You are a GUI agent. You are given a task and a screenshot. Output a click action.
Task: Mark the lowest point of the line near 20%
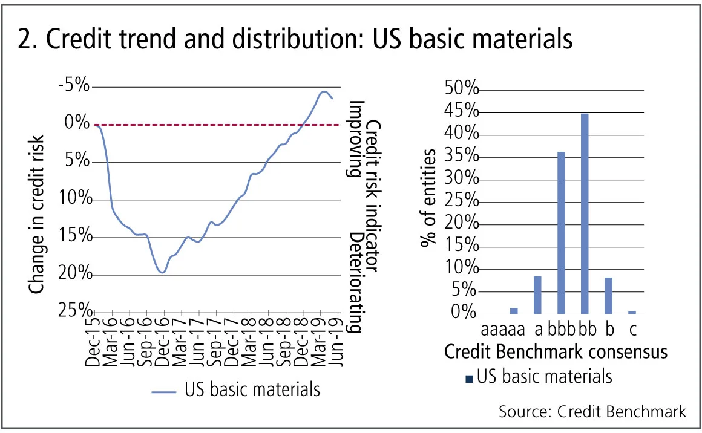(162, 273)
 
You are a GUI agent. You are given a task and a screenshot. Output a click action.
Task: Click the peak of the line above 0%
(324, 92)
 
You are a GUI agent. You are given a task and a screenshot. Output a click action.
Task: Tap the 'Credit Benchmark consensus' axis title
(556, 352)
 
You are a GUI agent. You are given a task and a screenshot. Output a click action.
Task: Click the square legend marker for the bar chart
(468, 379)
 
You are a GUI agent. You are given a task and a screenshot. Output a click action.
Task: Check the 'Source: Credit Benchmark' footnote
(592, 412)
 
